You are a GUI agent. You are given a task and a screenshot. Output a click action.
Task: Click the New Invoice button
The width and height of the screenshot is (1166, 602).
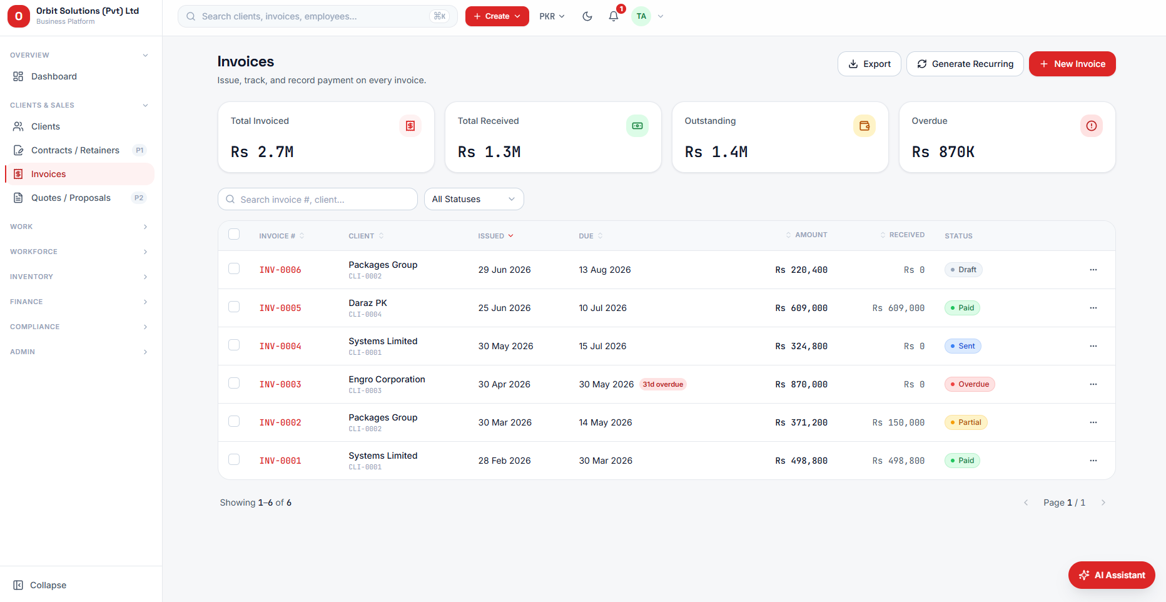1072,64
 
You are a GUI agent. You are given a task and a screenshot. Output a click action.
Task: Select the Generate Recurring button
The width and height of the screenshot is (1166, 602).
965,64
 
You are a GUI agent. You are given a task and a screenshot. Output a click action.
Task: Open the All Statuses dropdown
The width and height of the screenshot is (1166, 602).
474,199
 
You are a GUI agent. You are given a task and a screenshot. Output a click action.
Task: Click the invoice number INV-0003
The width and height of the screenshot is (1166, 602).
280,384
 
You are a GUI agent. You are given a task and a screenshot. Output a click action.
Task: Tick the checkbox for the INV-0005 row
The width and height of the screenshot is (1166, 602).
234,307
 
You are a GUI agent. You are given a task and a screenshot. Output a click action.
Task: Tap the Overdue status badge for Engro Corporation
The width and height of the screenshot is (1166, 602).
970,384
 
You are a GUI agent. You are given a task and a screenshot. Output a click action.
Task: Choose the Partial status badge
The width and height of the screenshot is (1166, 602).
966,422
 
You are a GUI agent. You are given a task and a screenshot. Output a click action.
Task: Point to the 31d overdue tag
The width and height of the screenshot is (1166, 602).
663,384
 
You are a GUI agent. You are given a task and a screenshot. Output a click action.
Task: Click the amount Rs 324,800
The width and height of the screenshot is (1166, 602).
801,346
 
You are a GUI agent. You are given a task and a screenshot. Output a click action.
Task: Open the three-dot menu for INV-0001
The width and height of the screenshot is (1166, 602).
1093,461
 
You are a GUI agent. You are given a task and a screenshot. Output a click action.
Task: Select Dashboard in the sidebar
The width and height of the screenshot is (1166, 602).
54,76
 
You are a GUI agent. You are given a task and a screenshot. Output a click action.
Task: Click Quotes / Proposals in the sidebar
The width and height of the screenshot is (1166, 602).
71,198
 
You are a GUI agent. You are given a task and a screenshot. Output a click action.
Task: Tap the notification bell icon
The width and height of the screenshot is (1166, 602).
614,16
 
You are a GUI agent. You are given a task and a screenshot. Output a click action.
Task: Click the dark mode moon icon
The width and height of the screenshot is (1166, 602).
587,16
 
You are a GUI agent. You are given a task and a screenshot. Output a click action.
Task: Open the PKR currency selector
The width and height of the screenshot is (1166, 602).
552,16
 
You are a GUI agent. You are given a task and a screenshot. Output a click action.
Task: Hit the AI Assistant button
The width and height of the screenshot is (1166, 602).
1112,575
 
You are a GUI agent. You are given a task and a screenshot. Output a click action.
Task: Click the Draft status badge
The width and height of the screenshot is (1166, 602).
963,270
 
